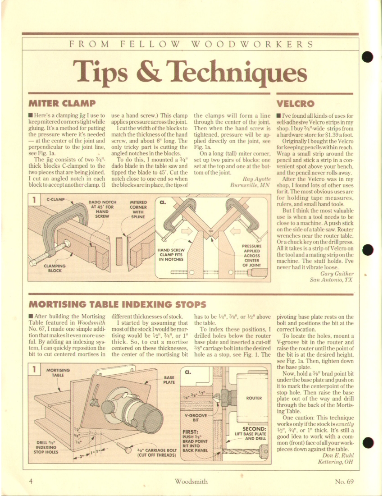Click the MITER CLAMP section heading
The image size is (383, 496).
[x=62, y=103]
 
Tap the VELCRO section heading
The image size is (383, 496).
[x=296, y=104]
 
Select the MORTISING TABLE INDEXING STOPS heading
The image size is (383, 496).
[x=117, y=304]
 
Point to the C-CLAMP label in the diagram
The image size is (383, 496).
[x=55, y=200]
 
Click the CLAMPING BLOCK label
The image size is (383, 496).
[x=55, y=268]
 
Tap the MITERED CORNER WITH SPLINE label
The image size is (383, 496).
[x=138, y=209]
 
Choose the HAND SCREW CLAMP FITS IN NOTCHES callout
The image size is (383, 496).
[x=171, y=255]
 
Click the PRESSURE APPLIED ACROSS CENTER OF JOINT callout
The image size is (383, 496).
[x=251, y=256]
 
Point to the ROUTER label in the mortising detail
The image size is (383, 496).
[x=254, y=398]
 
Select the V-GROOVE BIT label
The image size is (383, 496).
[x=196, y=418]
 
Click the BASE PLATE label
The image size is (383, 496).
[x=169, y=380]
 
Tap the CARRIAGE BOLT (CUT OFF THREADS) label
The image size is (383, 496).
[x=157, y=452]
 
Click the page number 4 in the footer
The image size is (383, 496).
[x=31, y=482]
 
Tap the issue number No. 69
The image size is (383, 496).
[x=344, y=482]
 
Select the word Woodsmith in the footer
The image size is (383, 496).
[x=191, y=482]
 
